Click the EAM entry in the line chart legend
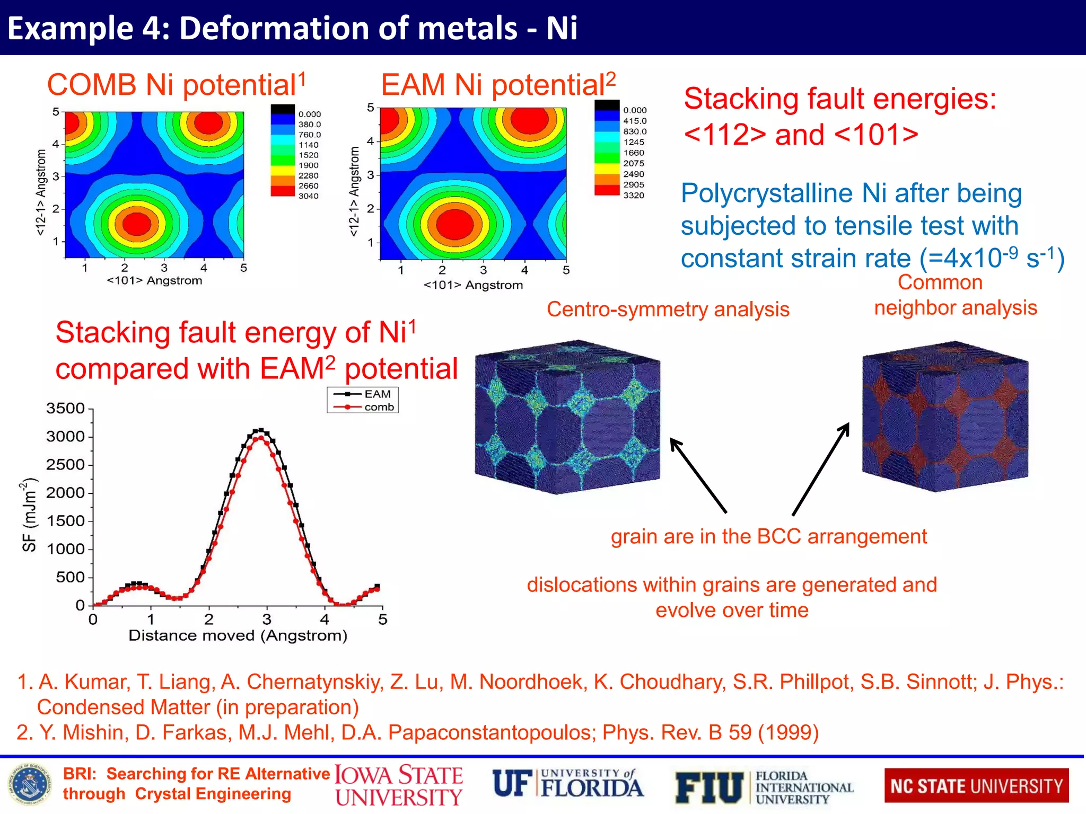(x=376, y=394)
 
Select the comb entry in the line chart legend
(x=378, y=407)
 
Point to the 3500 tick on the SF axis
(x=66, y=409)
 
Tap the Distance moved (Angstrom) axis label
(x=238, y=635)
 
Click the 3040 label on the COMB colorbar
(x=308, y=196)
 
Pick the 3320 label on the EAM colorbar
(x=634, y=196)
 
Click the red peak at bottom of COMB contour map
(x=137, y=223)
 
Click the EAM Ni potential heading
(x=498, y=85)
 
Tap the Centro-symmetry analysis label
(x=668, y=309)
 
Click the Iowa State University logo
(x=399, y=786)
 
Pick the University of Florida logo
(x=568, y=785)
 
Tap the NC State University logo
(x=976, y=786)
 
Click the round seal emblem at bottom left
(x=30, y=786)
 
